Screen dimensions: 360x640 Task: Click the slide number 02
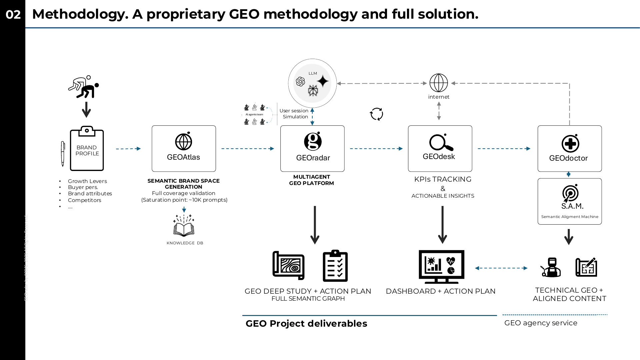(x=13, y=15)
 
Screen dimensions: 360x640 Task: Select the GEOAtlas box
(x=184, y=149)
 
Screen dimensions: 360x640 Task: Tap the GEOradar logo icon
(x=313, y=141)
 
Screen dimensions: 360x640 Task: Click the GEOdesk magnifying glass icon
(x=441, y=143)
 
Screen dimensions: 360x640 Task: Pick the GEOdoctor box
(x=569, y=149)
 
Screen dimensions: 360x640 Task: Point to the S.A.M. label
(x=572, y=206)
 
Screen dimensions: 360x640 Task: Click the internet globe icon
(x=438, y=83)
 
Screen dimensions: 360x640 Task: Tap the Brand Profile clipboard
(x=87, y=149)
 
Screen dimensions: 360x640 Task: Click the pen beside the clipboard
(x=63, y=153)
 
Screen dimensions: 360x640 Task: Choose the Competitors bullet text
(x=84, y=200)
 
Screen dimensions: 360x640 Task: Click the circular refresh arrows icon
(x=376, y=114)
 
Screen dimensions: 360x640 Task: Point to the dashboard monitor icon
(x=441, y=267)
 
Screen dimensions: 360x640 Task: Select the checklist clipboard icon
(x=335, y=266)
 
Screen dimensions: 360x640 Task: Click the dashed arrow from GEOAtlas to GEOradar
(x=248, y=149)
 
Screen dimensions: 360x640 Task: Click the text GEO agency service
(x=541, y=323)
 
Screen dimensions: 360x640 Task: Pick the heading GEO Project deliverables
(x=306, y=324)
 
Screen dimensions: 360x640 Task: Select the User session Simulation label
(x=294, y=114)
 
